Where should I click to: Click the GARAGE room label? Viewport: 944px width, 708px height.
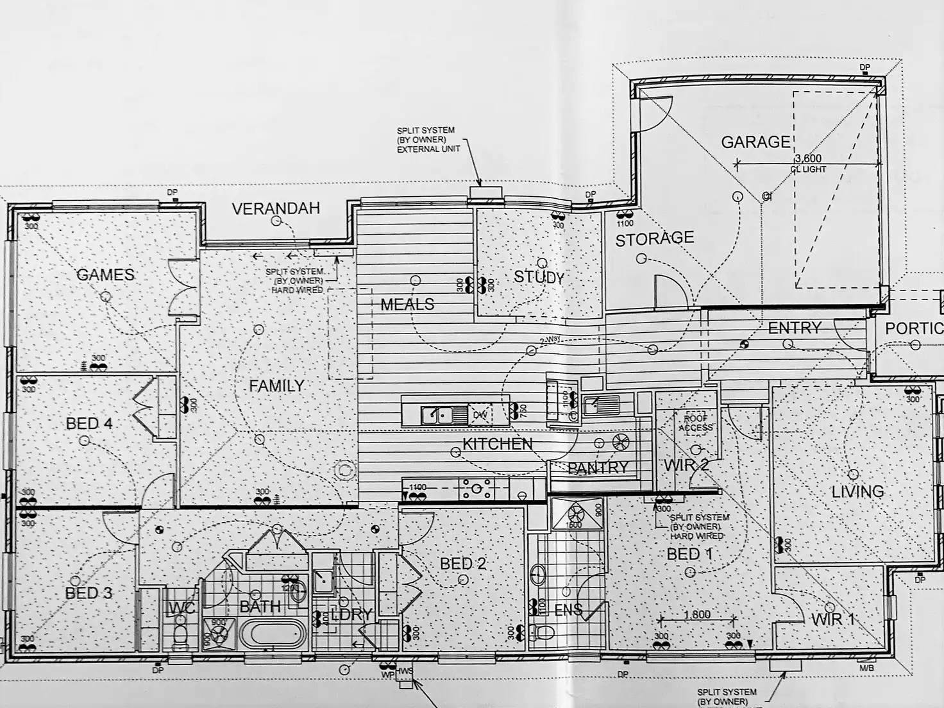coord(755,142)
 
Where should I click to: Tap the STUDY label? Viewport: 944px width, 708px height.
coord(539,278)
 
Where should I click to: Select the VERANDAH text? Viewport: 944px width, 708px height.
coord(276,208)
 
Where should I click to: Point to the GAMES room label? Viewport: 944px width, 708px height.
coord(105,275)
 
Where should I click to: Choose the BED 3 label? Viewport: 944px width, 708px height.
coord(88,593)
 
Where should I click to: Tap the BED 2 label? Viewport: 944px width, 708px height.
coord(462,564)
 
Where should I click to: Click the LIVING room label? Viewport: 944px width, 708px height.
coord(857,492)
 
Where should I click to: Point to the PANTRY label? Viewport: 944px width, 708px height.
coord(598,468)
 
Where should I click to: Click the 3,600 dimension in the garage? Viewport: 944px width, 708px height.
coord(807,158)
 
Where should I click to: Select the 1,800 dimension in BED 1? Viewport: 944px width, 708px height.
coord(697,614)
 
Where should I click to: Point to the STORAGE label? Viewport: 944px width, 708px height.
coord(654,239)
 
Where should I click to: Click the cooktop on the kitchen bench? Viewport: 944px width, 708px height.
coord(476,490)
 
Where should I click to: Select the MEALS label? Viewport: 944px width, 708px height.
coord(407,304)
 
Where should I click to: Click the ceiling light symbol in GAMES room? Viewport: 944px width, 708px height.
coord(105,296)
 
